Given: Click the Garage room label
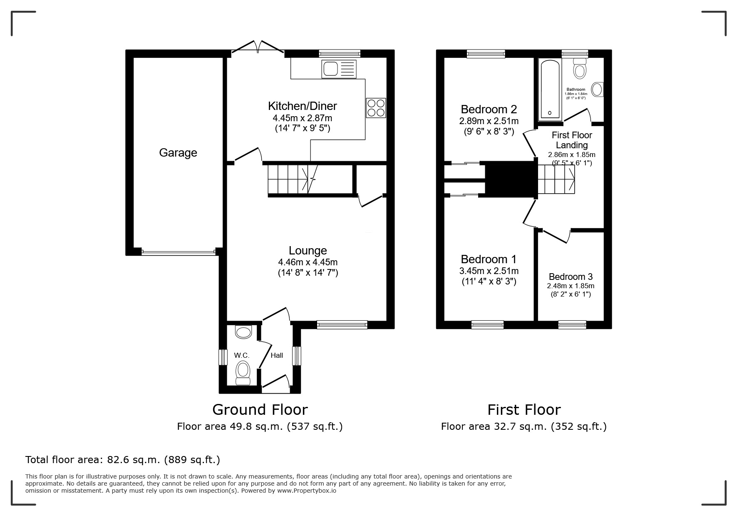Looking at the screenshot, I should pos(178,153).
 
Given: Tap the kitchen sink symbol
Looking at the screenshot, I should pos(339,69).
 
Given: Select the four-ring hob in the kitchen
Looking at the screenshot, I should pos(376,108).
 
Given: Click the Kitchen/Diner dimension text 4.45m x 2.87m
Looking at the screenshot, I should pos(302,118).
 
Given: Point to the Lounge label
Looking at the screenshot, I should pos(308,251).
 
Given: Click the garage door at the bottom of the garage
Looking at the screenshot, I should pos(178,252).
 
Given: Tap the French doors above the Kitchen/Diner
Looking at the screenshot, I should pos(258,47).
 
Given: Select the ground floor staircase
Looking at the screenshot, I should pos(291,179).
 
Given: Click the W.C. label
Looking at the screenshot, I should pos(241,355).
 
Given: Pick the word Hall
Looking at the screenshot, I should pos(277,355).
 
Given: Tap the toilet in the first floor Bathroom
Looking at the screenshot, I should pos(579,69).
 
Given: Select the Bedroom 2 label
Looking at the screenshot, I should pos(489,110).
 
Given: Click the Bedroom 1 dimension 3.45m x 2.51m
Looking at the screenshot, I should pos(489,271).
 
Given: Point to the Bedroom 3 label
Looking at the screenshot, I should pos(571,277).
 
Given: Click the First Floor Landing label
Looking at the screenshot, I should pos(572,140).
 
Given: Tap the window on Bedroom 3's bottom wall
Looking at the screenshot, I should pos(572,324).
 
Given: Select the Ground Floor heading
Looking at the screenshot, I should pos(260,410).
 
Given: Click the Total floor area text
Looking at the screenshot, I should pos(123,460).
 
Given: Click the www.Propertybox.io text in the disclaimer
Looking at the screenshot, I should pos(307,491).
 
